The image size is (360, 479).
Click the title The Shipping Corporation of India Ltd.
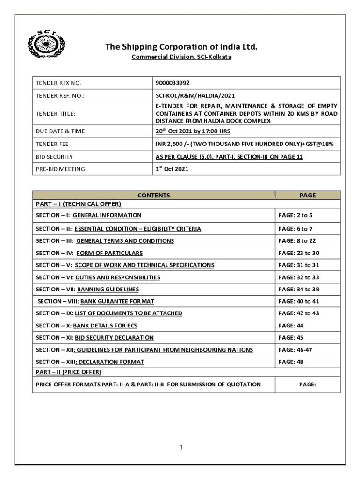coord(181,47)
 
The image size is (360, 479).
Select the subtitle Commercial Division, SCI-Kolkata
coord(181,57)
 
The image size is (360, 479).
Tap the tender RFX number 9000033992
coord(173,83)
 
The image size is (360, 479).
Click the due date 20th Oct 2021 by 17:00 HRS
coord(193,131)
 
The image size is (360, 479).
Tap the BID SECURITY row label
coord(54,157)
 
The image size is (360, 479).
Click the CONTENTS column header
coord(154,196)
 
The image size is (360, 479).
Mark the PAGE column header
coord(307,196)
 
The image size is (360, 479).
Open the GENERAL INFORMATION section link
coord(107,215)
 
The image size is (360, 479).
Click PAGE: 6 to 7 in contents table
coord(295,229)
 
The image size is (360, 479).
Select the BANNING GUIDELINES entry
coord(108,290)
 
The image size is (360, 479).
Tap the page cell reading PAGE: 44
coord(290,326)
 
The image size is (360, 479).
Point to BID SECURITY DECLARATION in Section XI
coord(114,338)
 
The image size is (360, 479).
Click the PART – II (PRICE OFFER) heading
coord(68,372)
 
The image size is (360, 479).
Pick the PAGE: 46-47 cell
coord(295,350)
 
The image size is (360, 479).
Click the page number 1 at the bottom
coord(181,448)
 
